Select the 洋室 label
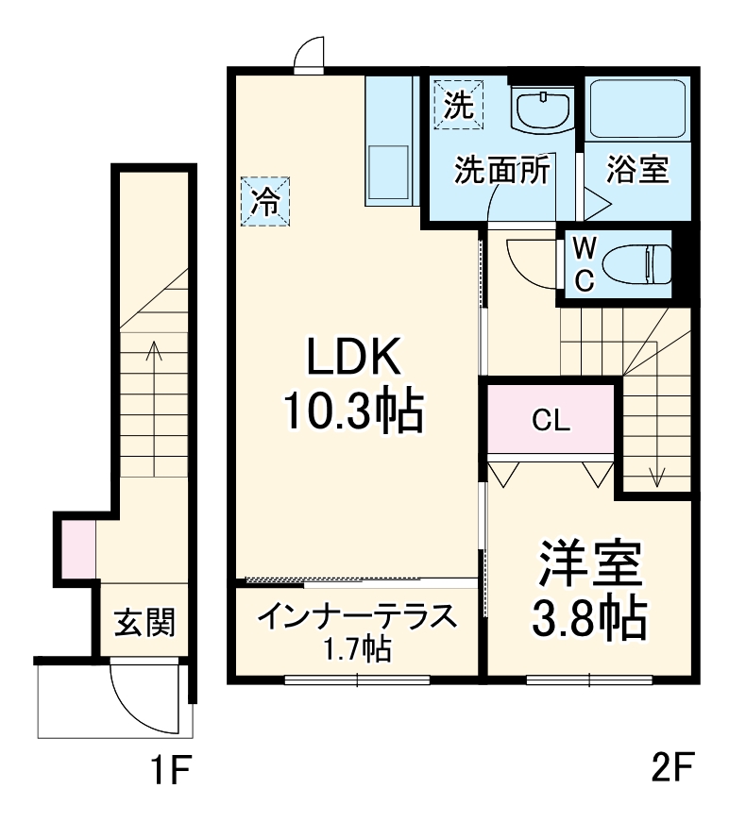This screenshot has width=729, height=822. (x=591, y=563)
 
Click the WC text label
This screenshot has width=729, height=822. (x=585, y=264)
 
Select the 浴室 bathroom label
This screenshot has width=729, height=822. (x=637, y=170)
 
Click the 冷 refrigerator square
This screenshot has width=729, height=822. (x=265, y=202)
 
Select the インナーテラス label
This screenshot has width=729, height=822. (x=356, y=617)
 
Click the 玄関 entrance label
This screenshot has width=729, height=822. (x=144, y=622)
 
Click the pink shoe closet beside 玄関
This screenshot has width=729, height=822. (x=79, y=548)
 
